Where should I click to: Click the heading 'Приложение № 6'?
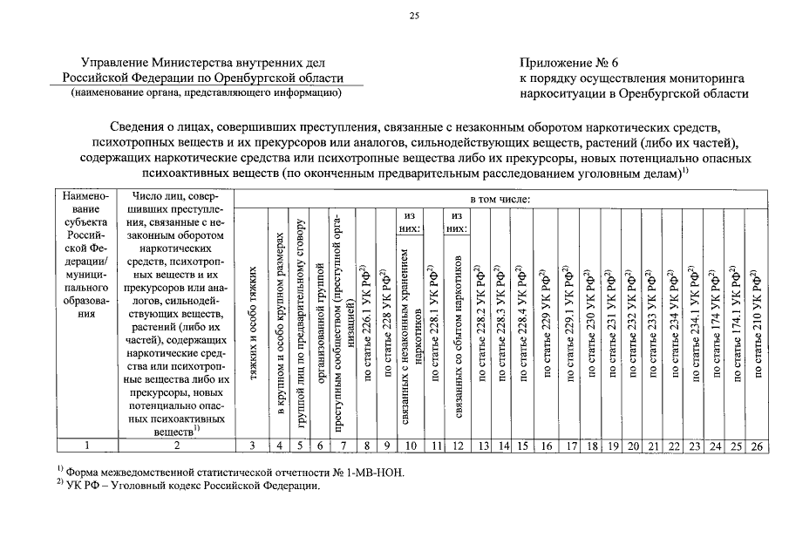click(568, 63)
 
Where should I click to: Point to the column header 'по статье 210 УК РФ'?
click(757, 323)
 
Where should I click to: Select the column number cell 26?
click(757, 446)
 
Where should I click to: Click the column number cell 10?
click(411, 446)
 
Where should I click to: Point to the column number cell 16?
click(547, 446)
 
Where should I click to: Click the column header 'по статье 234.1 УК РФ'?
click(694, 323)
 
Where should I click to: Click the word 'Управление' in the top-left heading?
click(113, 63)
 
